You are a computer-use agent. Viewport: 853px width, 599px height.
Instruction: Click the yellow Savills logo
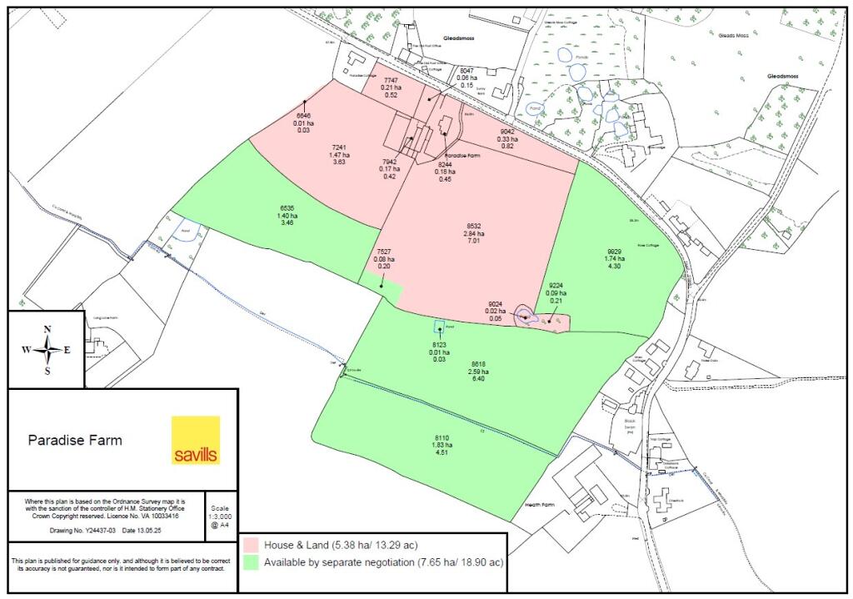[x=196, y=439]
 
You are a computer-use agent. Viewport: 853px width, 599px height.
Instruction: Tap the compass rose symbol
[x=47, y=349]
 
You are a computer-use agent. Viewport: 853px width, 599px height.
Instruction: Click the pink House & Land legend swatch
[x=252, y=544]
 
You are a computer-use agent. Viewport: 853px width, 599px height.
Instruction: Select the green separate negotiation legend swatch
[x=252, y=562]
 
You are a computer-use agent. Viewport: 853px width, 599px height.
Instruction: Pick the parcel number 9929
[x=615, y=251]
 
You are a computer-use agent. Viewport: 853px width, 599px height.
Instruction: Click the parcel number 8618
[x=478, y=363]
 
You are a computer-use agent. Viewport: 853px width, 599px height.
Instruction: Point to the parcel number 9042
[x=507, y=132]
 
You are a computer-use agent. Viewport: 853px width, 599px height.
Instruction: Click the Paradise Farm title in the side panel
[x=75, y=440]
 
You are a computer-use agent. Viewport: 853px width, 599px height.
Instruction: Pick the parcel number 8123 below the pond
[x=439, y=344]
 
